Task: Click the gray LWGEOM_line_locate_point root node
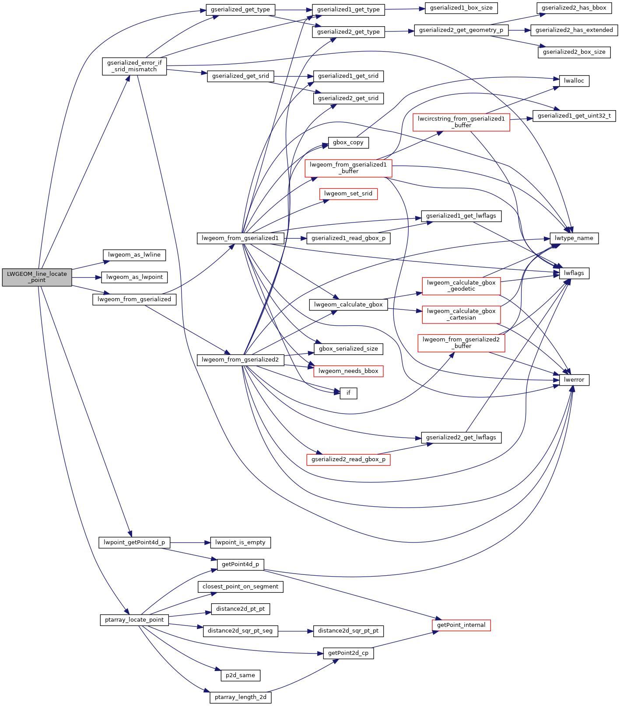coord(37,277)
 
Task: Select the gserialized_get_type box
coord(240,10)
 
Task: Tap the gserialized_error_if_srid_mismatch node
coord(134,66)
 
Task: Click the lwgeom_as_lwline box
coord(134,255)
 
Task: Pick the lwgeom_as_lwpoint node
coord(134,277)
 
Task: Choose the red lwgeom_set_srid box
coord(348,194)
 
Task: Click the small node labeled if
coord(348,393)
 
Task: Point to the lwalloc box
coord(574,81)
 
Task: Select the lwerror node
coord(574,380)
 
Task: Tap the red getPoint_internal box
coord(461,625)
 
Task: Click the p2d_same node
coord(240,675)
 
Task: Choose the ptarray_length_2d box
coord(240,697)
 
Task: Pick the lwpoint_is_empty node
coord(240,543)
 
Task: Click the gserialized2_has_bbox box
coord(574,8)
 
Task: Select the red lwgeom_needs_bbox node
coord(348,371)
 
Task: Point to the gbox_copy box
coord(348,143)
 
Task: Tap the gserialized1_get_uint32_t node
coord(574,116)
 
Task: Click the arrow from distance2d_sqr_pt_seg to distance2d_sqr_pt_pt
coord(295,631)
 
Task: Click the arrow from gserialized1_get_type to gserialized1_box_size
coord(405,9)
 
